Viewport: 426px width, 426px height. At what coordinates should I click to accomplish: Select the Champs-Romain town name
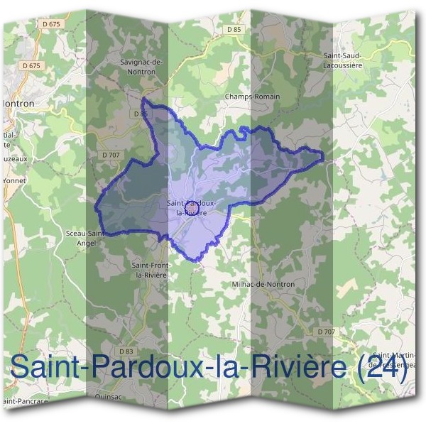(x=252, y=96)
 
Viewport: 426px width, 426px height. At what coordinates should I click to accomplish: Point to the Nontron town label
(x=19, y=103)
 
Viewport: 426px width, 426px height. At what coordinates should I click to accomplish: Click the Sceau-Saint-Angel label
(x=86, y=236)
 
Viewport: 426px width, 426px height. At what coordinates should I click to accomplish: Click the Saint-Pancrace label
(x=26, y=401)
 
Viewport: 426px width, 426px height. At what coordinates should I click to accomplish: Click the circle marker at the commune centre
(x=190, y=209)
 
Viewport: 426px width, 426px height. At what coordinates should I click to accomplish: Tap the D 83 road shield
(x=126, y=351)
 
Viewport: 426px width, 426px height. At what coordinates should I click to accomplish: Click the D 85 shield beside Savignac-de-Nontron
(x=140, y=114)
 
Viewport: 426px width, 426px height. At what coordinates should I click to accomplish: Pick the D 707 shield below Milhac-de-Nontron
(x=326, y=332)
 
